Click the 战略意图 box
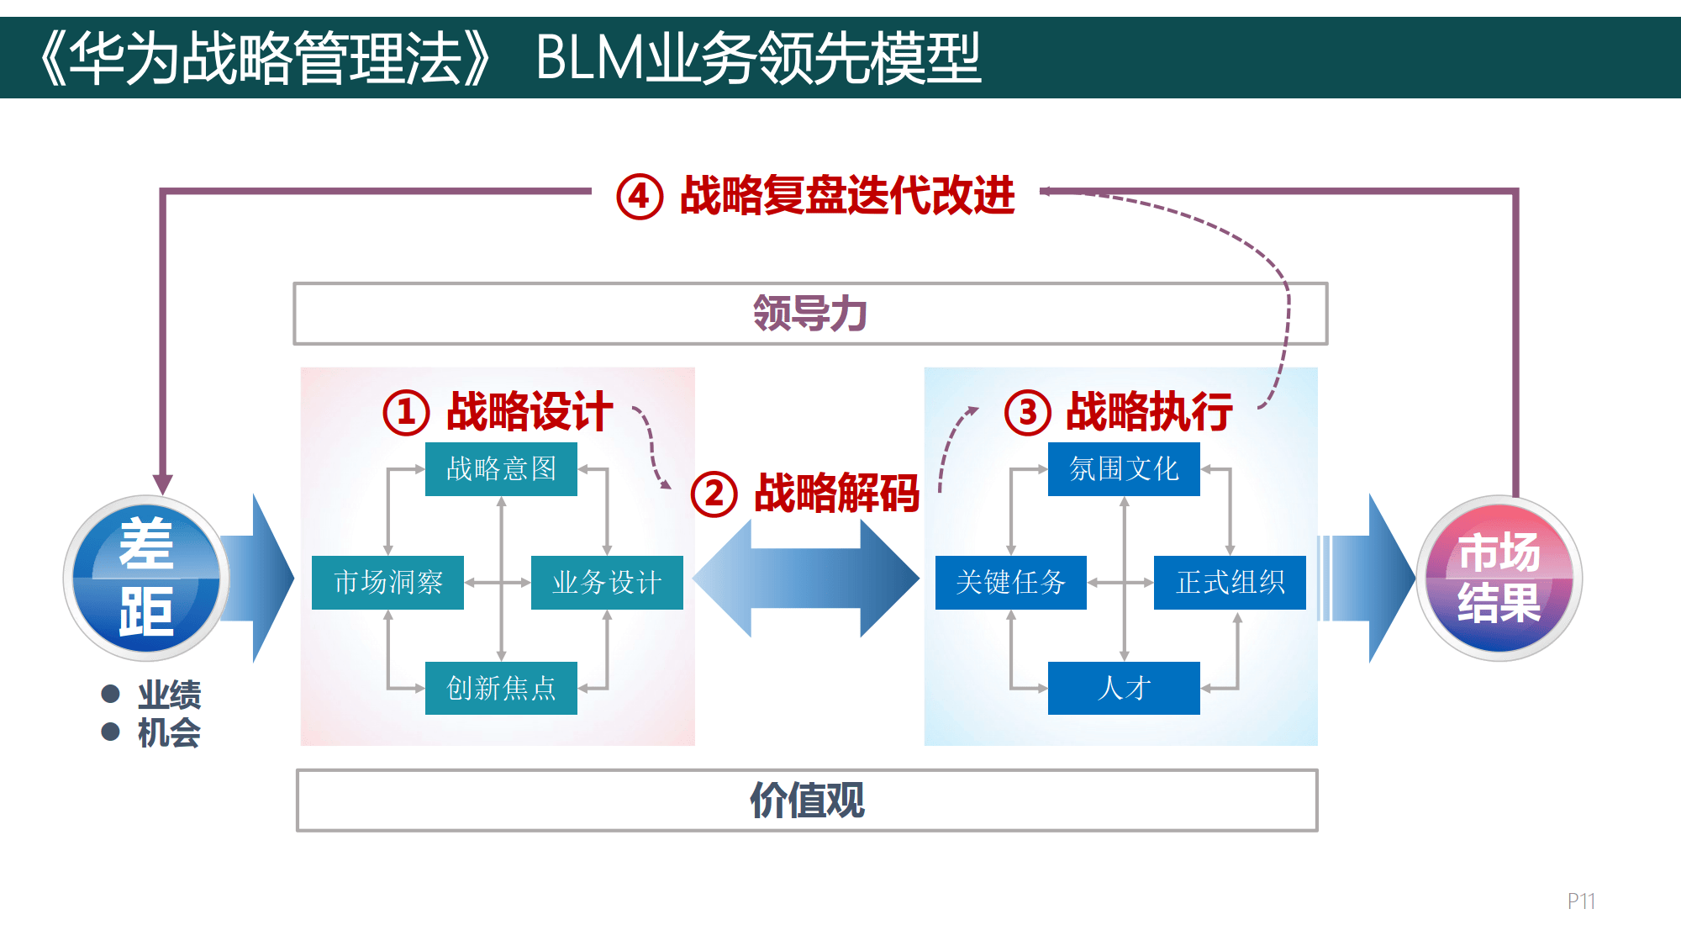pyautogui.click(x=501, y=468)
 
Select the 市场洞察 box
pyautogui.click(x=387, y=582)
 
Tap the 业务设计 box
pyautogui.click(x=607, y=582)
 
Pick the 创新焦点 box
pyautogui.click(x=501, y=688)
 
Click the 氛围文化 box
pyautogui.click(x=1124, y=468)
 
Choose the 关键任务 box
pyautogui.click(x=1010, y=582)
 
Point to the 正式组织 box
pyautogui.click(x=1230, y=582)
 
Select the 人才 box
pyautogui.click(x=1124, y=688)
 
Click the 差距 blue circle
pyautogui.click(x=146, y=579)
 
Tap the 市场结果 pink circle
pyautogui.click(x=1499, y=579)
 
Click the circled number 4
pyautogui.click(x=640, y=197)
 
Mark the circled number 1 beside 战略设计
pyautogui.click(x=406, y=413)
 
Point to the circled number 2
pyautogui.click(x=714, y=494)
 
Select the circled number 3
pyautogui.click(x=1027, y=413)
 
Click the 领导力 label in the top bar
pyautogui.click(x=809, y=314)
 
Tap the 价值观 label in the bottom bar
pyautogui.click(x=807, y=800)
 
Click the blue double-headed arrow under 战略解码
pyautogui.click(x=805, y=579)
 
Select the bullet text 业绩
pyautogui.click(x=169, y=695)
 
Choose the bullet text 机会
pyautogui.click(x=169, y=732)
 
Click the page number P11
pyautogui.click(x=1580, y=901)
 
